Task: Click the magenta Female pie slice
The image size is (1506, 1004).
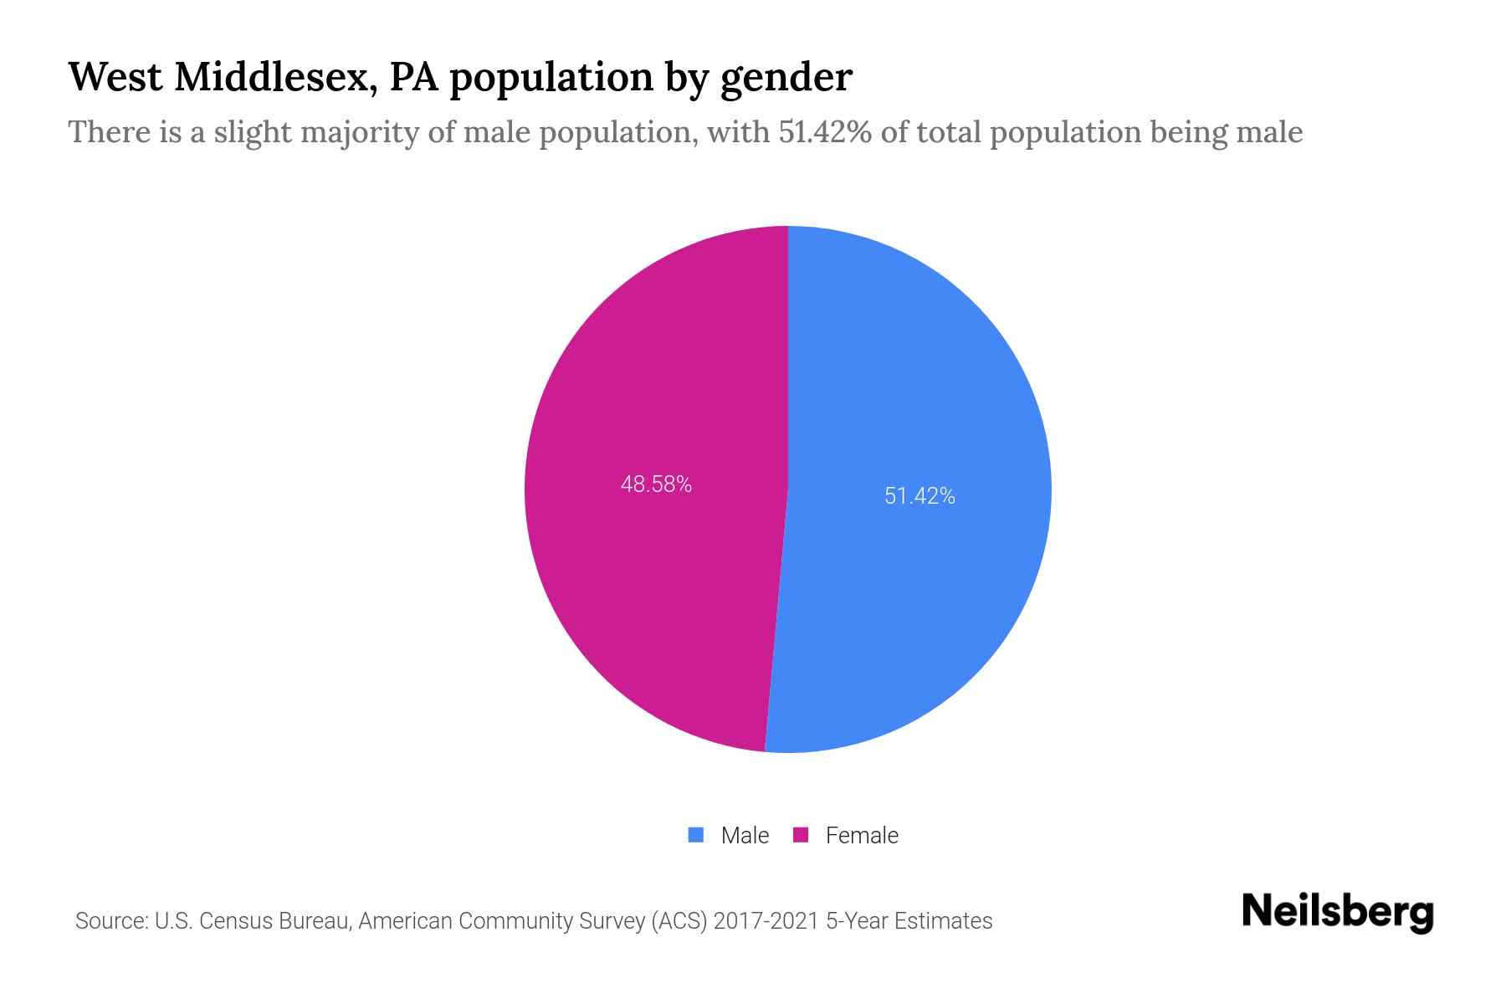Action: (653, 586)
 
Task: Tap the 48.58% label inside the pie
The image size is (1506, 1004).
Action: (656, 484)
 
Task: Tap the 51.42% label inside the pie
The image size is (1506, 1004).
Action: (919, 496)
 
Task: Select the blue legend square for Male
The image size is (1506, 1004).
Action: (696, 835)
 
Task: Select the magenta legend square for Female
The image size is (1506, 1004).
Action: (801, 835)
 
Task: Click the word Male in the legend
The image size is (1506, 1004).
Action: (745, 835)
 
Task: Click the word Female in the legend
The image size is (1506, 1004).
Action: (862, 835)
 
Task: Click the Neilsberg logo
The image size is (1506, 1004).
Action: (1337, 912)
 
